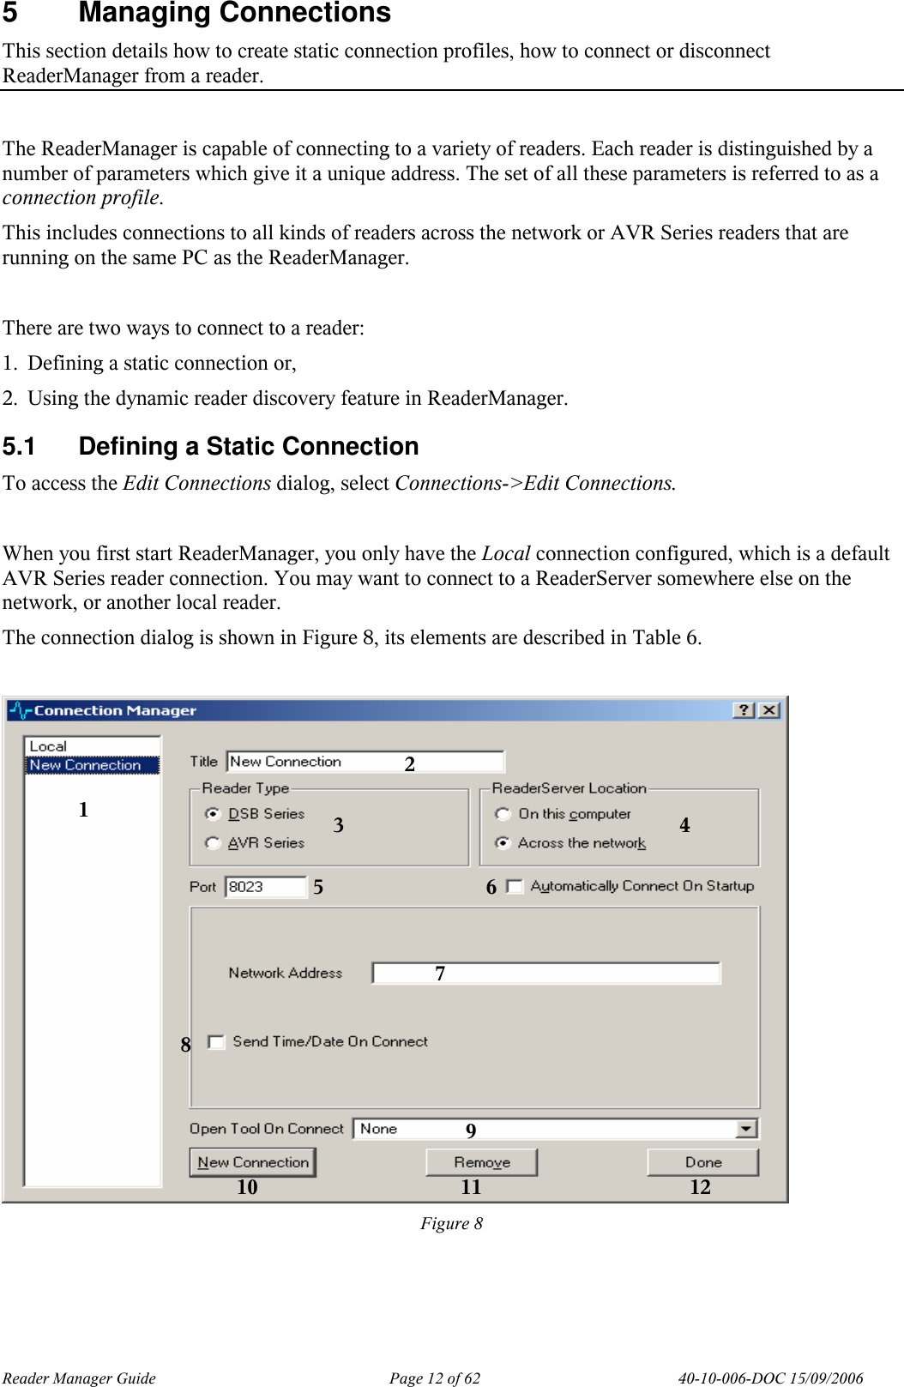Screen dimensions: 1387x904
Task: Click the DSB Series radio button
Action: (213, 813)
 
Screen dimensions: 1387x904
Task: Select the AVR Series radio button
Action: (213, 842)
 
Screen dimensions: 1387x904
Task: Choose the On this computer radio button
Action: (503, 813)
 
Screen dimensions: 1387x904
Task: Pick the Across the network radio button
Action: (503, 842)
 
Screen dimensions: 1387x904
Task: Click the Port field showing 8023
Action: (265, 886)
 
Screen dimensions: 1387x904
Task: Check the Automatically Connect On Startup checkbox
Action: (515, 886)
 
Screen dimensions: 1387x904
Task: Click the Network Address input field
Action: (546, 973)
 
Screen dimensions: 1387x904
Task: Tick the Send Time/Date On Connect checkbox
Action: (217, 1041)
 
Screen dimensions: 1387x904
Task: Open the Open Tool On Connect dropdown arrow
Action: (746, 1129)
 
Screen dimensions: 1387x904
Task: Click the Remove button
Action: (481, 1162)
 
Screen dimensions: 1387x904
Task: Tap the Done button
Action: (702, 1162)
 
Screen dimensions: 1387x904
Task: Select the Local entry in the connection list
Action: (49, 746)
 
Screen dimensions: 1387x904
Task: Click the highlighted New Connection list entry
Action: (86, 764)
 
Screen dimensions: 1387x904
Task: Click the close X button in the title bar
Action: (769, 710)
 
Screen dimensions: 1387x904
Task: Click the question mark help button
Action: (744, 710)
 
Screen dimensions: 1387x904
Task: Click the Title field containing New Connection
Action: (365, 761)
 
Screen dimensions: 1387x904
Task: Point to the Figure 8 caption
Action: (451, 1223)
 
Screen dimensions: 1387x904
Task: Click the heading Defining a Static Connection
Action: (248, 446)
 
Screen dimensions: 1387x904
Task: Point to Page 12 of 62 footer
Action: (434, 1378)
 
